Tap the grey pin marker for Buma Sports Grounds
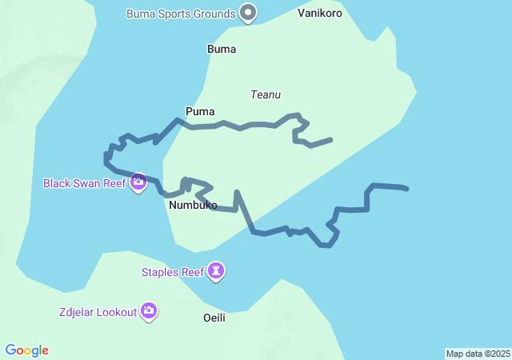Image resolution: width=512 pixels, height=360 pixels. (x=249, y=13)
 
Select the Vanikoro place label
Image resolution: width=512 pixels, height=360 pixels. (x=322, y=13)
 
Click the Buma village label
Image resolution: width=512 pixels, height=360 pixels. (x=222, y=49)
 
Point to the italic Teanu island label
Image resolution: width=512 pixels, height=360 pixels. (x=266, y=94)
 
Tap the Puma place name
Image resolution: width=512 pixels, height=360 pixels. (x=200, y=111)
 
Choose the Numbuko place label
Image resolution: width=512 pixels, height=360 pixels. (x=194, y=206)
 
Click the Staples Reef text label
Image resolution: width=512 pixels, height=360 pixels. (x=172, y=272)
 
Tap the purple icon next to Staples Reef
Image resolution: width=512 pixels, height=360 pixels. (x=216, y=272)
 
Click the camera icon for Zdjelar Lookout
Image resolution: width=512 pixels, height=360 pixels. (x=148, y=311)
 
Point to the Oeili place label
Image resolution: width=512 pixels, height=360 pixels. (x=214, y=318)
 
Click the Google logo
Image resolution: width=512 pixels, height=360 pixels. (x=27, y=350)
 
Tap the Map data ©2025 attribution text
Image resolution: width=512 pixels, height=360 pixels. (x=477, y=354)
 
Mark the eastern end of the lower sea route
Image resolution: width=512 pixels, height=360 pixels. (x=407, y=189)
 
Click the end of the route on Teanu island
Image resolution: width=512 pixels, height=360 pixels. (x=331, y=140)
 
